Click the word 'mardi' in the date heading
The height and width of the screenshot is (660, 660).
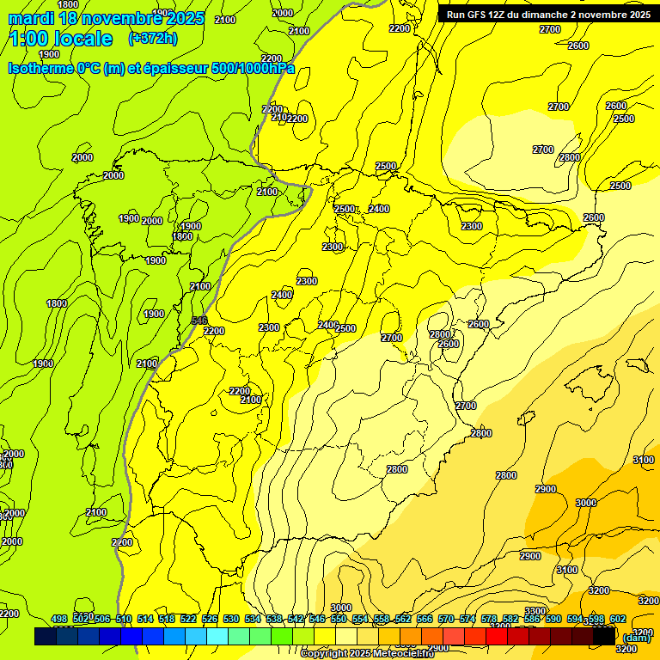point(31,18)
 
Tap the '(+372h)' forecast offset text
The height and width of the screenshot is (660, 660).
point(155,38)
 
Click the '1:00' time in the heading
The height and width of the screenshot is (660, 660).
point(34,39)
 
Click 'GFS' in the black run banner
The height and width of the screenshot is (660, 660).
point(480,15)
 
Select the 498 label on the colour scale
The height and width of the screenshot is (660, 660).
point(59,619)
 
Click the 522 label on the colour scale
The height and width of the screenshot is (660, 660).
point(189,619)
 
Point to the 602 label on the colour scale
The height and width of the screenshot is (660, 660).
point(617,619)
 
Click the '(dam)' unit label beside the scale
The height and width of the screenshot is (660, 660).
point(636,637)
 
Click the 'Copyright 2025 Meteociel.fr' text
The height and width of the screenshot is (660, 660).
point(379,654)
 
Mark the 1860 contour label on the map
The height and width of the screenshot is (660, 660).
point(182,236)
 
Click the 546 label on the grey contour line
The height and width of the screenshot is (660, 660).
point(199,321)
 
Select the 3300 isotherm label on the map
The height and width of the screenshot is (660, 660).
point(535,611)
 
